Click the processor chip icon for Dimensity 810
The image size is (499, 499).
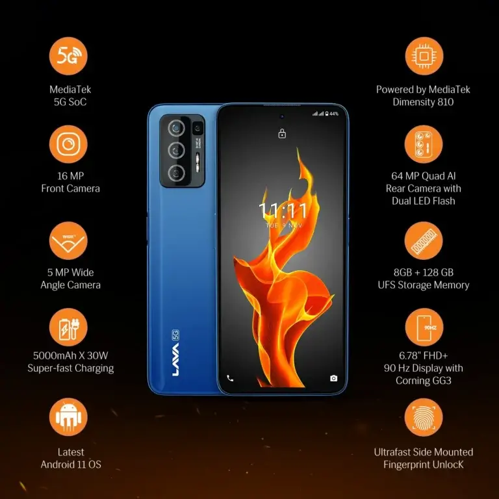coord(424,57)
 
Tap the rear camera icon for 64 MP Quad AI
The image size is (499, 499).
coord(424,144)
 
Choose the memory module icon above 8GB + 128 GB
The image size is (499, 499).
coord(424,241)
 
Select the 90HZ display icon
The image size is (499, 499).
coord(424,327)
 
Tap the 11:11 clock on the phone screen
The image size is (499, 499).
coord(282,211)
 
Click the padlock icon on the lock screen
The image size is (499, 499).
coord(281,134)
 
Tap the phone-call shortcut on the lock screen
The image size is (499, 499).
coord(230,378)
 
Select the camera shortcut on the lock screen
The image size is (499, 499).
coord(333,378)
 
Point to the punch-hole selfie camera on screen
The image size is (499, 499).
coord(281,117)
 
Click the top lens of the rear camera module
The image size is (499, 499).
coord(175,128)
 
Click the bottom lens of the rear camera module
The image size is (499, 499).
coord(175,173)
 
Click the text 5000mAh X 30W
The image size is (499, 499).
coord(70,355)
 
